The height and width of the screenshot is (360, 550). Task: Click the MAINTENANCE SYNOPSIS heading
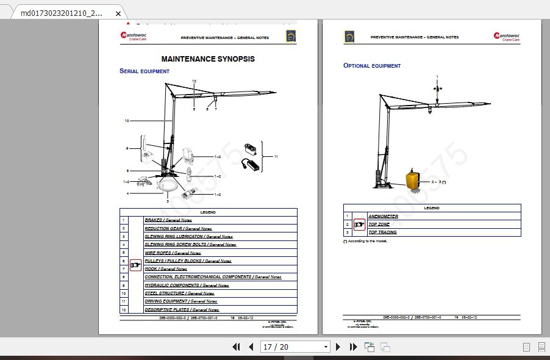[208, 59]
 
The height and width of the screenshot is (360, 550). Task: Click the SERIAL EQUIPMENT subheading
[145, 71]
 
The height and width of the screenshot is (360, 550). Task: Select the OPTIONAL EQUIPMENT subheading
[372, 65]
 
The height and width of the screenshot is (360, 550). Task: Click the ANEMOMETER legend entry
[383, 216]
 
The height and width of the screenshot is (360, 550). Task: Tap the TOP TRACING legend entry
[382, 232]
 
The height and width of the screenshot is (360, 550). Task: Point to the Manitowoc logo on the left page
[132, 37]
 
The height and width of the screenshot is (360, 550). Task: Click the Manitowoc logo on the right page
[507, 37]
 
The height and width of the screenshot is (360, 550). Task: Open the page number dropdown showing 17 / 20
[295, 347]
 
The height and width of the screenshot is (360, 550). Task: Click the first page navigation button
[237, 347]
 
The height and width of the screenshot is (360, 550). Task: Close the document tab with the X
[117, 13]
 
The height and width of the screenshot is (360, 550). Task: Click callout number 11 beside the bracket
[276, 157]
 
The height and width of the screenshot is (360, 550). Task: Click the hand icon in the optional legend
[359, 225]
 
